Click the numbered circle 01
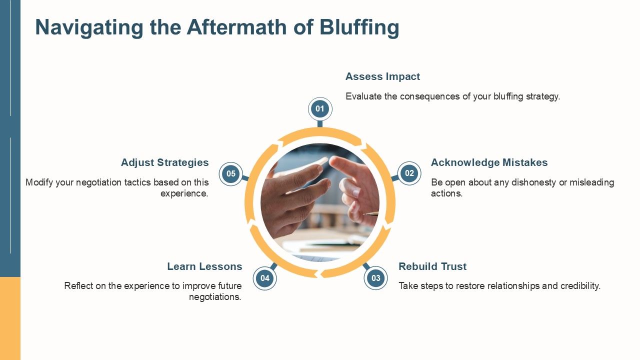click(320, 109)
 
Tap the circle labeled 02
click(409, 173)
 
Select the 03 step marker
click(375, 278)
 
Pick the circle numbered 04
click(265, 278)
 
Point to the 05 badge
click(231, 173)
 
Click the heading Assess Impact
click(382, 76)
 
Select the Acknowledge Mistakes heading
click(489, 162)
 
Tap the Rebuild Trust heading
click(432, 266)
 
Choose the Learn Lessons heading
click(204, 266)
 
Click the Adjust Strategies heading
click(165, 162)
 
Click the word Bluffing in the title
click(359, 27)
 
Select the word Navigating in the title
click(89, 27)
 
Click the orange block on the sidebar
click(10, 318)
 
